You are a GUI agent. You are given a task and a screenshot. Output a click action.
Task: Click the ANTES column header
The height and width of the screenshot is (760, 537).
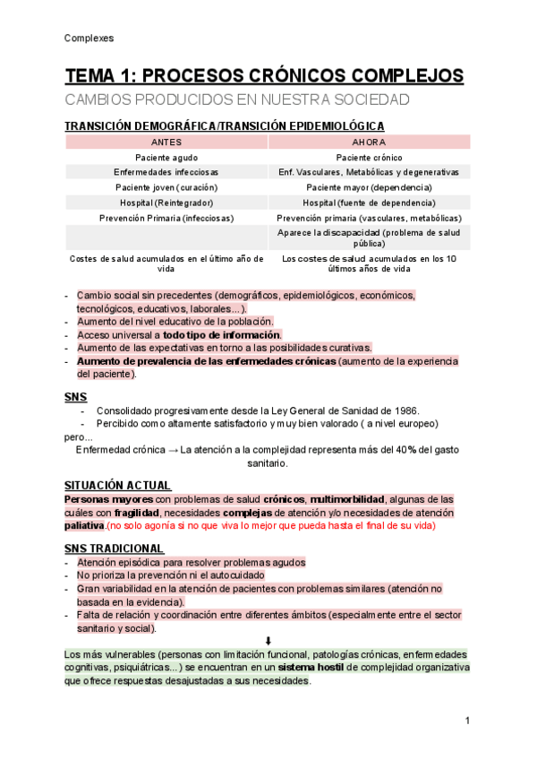coord(166,142)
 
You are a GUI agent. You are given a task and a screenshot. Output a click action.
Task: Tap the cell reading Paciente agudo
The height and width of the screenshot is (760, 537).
coord(166,157)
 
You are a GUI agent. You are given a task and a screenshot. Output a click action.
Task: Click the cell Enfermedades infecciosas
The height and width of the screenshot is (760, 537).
coord(166,172)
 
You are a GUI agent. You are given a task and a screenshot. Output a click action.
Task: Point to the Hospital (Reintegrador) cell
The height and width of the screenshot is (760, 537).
coord(166,203)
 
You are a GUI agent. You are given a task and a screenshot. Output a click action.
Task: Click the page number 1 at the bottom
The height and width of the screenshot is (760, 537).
coord(467,721)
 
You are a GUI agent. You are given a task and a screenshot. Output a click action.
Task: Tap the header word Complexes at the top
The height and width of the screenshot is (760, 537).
coord(89,39)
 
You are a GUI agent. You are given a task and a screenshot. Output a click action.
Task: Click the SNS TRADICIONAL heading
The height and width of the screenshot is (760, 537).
coord(114,548)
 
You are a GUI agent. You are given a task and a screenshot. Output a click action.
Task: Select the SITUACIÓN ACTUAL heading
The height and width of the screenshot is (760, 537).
coord(117,485)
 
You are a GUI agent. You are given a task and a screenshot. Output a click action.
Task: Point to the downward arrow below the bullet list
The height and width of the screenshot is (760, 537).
coord(268,641)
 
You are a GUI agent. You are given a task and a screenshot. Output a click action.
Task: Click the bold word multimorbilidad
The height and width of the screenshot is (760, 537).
coord(348,498)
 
